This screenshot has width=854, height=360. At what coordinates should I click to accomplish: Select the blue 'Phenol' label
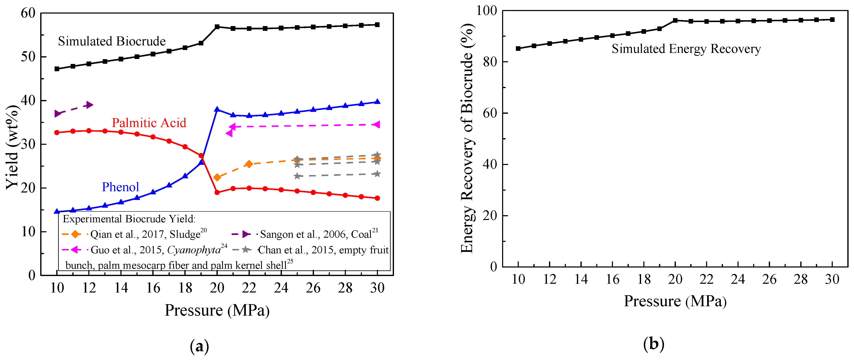120,187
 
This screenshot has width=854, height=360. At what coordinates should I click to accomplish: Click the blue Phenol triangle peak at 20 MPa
217,109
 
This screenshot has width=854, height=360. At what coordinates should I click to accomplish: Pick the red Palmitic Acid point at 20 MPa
217,192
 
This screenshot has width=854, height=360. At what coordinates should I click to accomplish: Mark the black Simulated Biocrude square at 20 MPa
217,26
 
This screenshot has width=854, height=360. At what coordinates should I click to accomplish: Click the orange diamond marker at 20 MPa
217,177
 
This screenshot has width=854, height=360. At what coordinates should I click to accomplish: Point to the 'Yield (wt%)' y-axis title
12,147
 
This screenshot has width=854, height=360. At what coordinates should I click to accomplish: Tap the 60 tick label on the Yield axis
28,13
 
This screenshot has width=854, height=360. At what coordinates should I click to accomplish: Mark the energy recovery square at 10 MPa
518,48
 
